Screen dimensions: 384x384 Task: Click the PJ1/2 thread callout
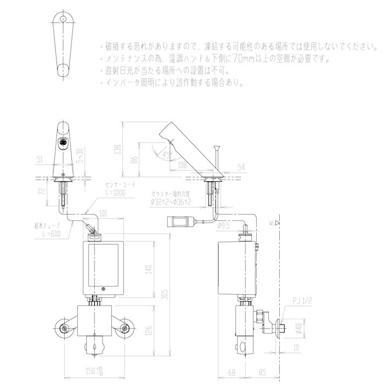point(303,301)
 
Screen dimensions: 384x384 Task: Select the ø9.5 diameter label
point(223,225)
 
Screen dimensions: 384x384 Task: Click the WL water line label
point(273,223)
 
